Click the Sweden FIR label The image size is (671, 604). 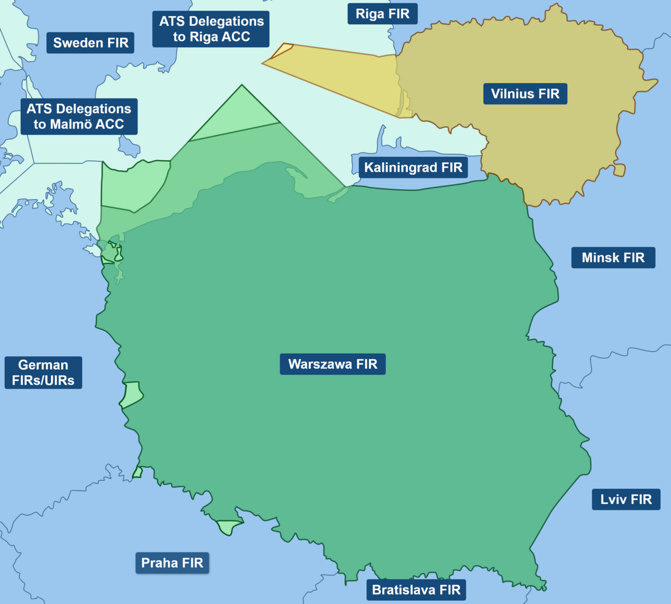90,43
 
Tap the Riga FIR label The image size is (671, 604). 382,14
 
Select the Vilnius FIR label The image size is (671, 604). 525,94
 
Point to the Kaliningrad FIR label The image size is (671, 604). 413,167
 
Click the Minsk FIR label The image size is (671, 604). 613,257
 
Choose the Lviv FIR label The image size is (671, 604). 626,499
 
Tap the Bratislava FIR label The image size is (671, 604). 416,590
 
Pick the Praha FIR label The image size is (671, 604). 172,563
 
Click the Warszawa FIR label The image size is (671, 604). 332,364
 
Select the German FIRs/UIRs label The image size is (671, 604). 43,373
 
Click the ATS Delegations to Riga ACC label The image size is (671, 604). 211,29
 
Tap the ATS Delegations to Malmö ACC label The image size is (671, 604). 79,117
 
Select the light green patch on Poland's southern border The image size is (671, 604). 229,527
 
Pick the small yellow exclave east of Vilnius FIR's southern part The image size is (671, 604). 619,170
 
